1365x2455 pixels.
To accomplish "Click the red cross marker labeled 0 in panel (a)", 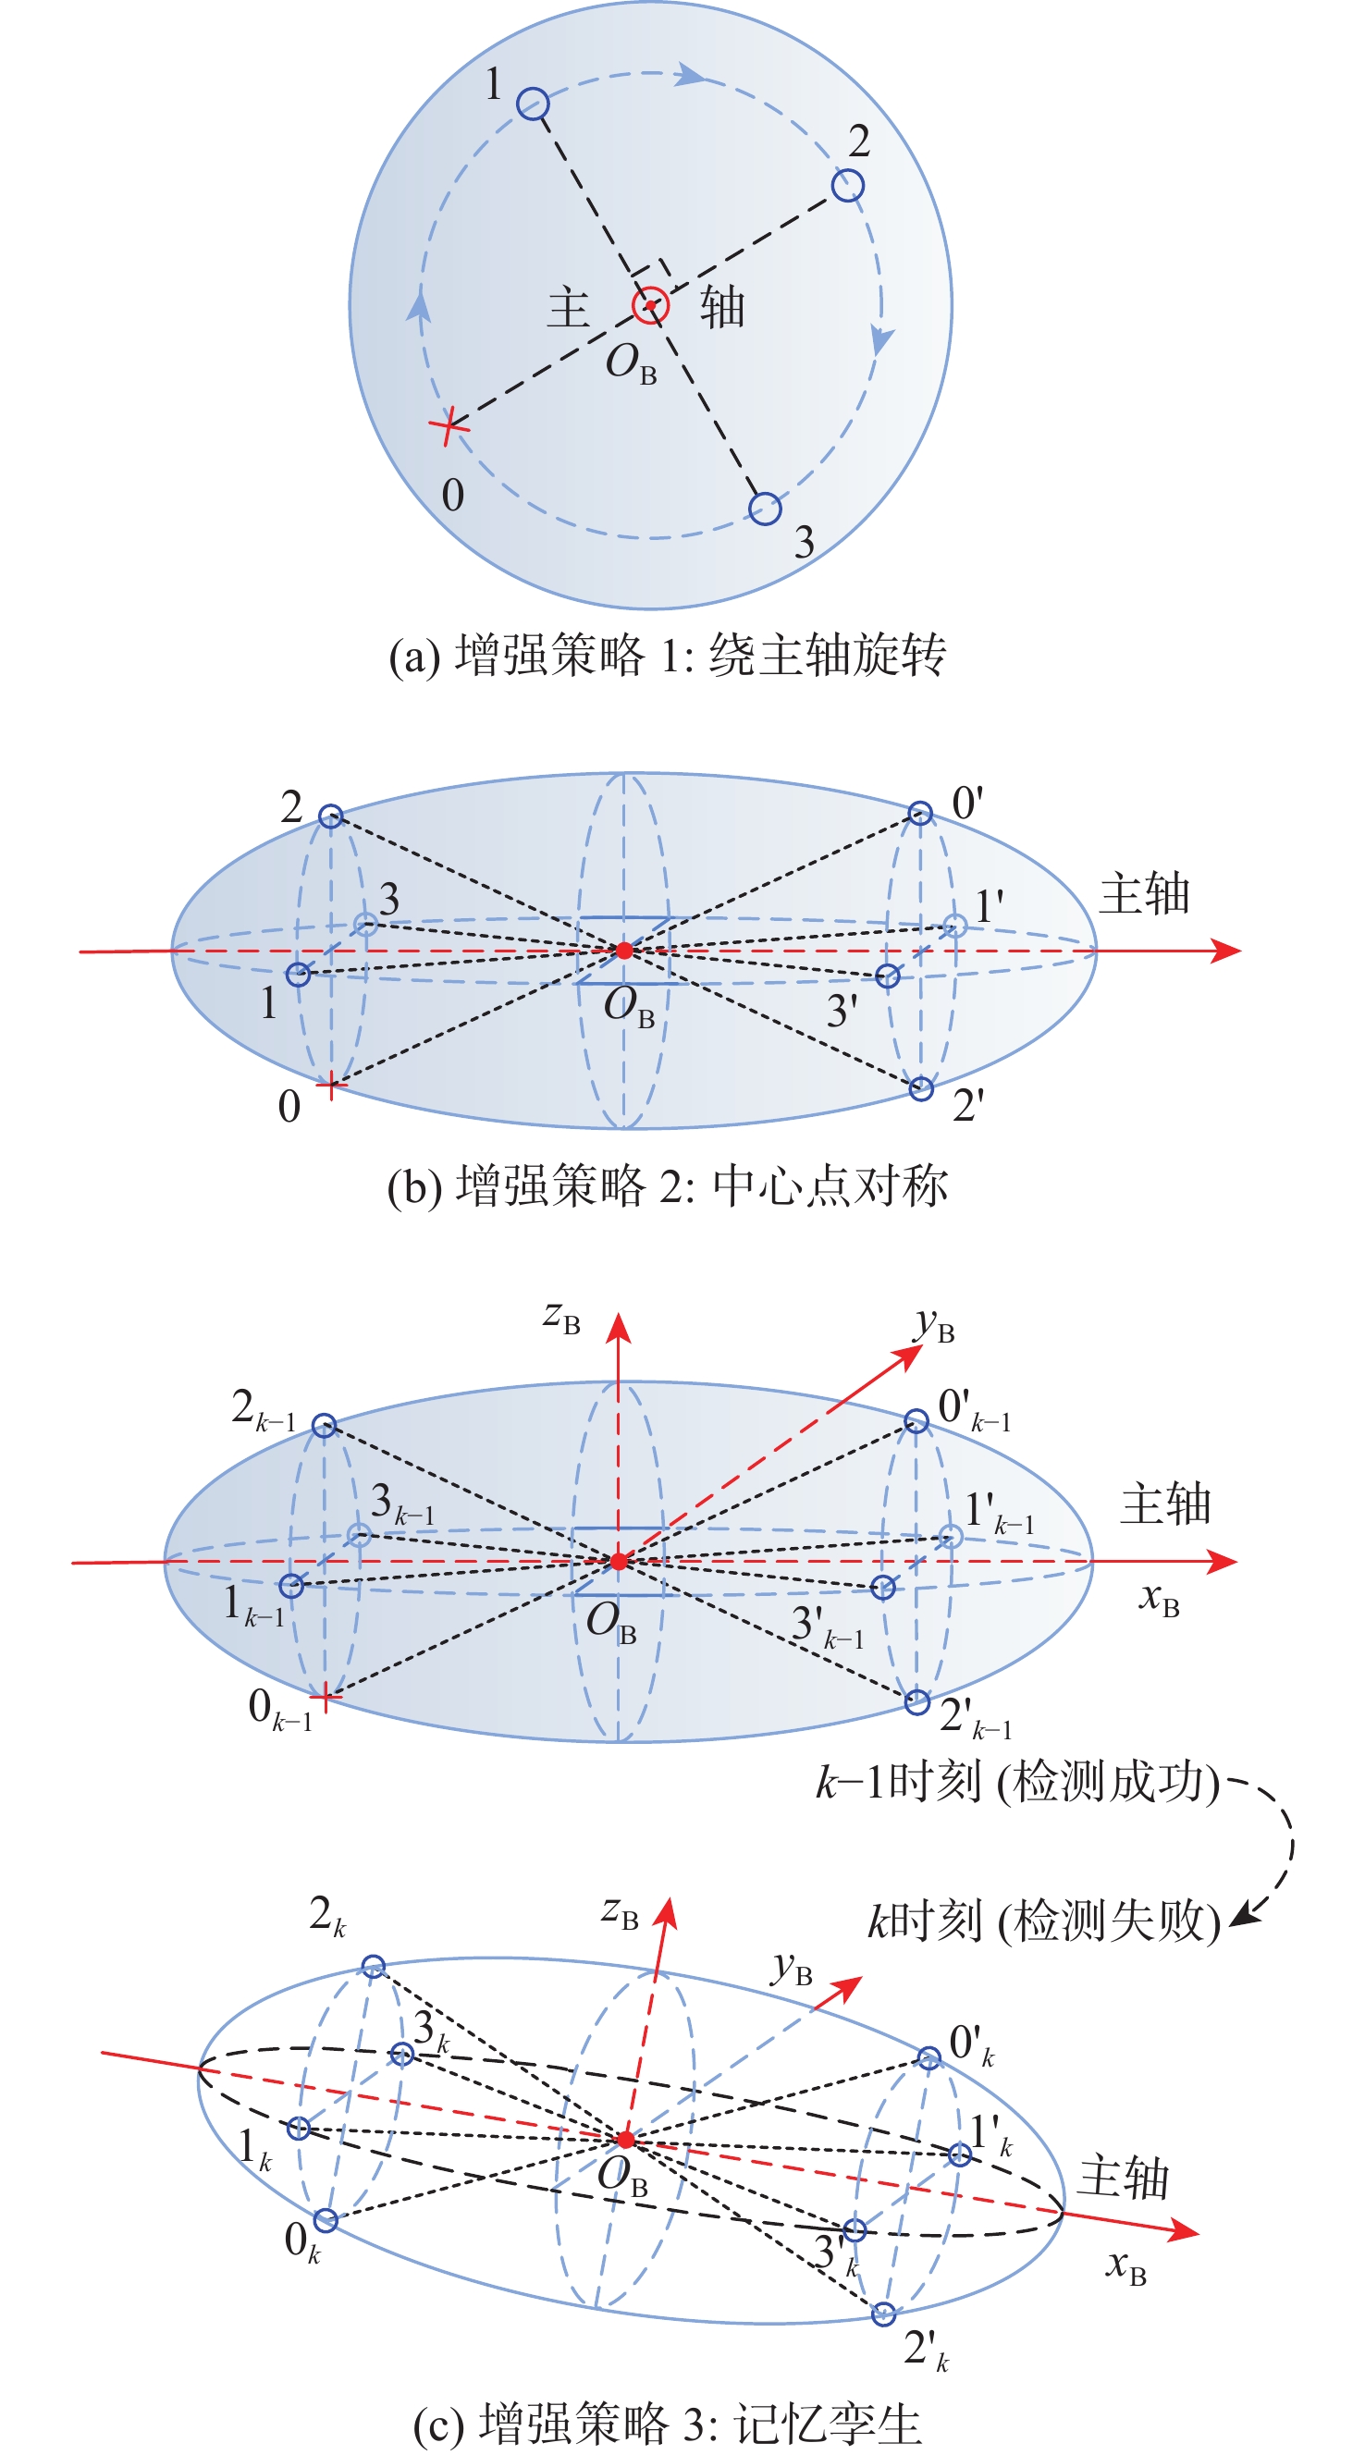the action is (x=449, y=426).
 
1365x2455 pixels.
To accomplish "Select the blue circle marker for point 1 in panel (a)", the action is (x=533, y=103).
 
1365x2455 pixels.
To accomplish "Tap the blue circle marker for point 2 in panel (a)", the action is (x=847, y=185).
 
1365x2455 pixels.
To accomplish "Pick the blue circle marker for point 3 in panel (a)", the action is (x=765, y=508).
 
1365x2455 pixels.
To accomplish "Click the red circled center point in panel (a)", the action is (x=651, y=306).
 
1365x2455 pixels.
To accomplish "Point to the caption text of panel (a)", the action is (x=668, y=656).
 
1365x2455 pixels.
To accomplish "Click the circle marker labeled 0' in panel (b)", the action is (x=920, y=813).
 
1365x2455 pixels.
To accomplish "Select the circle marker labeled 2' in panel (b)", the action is (x=921, y=1088).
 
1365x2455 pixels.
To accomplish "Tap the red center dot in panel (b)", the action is (x=623, y=951).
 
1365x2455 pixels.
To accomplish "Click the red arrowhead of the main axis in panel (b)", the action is (x=1226, y=951).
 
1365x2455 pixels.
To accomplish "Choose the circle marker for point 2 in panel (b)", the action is (x=330, y=816).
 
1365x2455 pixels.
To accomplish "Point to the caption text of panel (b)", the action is (x=668, y=1186).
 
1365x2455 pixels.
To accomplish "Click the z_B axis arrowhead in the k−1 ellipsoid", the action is (x=619, y=1328).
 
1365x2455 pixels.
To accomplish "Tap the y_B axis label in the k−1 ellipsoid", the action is (x=935, y=1326).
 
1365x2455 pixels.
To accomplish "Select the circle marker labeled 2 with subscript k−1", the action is (x=324, y=1426).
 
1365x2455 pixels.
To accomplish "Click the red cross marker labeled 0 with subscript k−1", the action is (x=325, y=1697).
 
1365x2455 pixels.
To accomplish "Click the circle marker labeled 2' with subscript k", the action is (x=883, y=2313).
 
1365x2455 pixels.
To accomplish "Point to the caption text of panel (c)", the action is (x=668, y=2424).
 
